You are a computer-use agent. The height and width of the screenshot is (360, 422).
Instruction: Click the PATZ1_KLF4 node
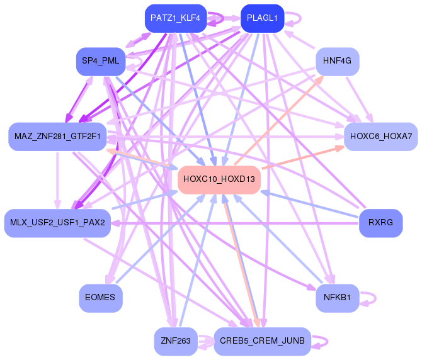click(x=175, y=18)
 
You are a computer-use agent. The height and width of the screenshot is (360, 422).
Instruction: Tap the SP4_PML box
click(x=101, y=61)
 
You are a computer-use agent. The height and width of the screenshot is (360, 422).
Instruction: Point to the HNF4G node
click(x=337, y=61)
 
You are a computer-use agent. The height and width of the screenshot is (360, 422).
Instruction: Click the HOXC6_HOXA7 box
click(x=381, y=137)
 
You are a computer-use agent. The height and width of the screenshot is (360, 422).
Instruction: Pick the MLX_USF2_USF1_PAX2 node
click(x=57, y=223)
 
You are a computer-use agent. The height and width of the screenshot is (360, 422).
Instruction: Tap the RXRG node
click(x=380, y=223)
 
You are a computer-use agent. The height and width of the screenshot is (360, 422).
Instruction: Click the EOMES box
click(x=100, y=298)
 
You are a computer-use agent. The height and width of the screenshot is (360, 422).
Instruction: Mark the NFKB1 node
click(x=337, y=298)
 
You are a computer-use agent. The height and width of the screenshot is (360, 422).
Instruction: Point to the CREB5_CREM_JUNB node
click(x=262, y=341)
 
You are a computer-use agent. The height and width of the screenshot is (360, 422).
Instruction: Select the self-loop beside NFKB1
click(x=371, y=298)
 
